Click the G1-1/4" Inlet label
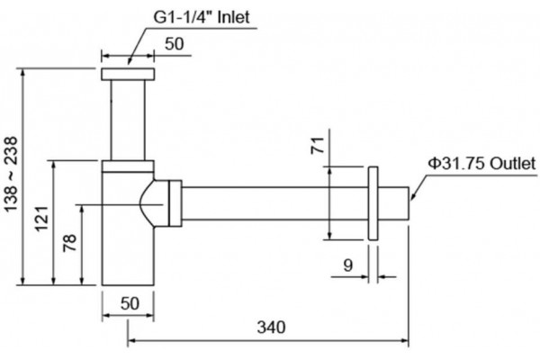tap(202, 17)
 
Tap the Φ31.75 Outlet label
tap(482, 163)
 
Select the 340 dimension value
tap(272, 327)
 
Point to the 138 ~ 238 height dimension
tap(11, 175)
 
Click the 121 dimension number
tap(42, 219)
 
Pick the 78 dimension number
tap(69, 243)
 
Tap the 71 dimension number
tap(318, 145)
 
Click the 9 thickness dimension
tap(348, 265)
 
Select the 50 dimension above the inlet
tap(175, 44)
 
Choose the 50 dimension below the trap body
tap(130, 303)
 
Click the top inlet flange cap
tap(128, 75)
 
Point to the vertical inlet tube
tap(128, 121)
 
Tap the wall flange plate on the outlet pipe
tap(373, 203)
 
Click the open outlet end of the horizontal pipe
tap(409, 203)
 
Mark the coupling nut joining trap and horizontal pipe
tap(175, 203)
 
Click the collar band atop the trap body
tap(128, 166)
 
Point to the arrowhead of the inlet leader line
tap(129, 61)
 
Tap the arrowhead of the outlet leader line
tap(412, 197)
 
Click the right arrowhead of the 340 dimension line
tap(405, 341)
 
